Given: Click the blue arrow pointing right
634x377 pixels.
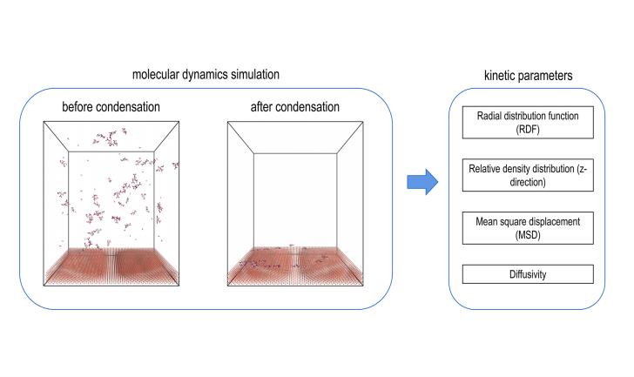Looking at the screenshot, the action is coord(422,182).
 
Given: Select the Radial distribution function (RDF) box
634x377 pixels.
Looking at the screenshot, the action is coord(528,123).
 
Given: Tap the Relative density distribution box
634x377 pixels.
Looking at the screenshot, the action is coord(528,175).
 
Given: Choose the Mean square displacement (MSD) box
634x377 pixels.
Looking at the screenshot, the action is coord(528,228).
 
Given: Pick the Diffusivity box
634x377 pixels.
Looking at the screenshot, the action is coord(528,274).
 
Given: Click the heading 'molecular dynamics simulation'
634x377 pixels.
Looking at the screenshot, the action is coord(206,75).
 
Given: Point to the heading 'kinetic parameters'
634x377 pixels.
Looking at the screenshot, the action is coord(528,76).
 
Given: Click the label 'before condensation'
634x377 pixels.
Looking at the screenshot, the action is coord(111,107).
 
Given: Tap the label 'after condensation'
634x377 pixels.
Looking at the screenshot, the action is coord(294,107).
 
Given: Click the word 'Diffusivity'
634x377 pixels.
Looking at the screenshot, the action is coord(528,274).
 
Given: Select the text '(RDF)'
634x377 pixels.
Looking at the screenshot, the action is coord(528,130).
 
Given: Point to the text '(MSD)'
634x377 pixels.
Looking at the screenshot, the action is coord(528,235).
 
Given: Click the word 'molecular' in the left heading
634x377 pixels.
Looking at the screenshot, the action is coord(156,75).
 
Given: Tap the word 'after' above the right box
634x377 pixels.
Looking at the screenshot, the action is coord(261,107).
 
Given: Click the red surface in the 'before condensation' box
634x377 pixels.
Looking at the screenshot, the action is coord(111,266).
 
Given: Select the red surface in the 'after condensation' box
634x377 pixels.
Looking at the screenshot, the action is coord(295,266).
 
